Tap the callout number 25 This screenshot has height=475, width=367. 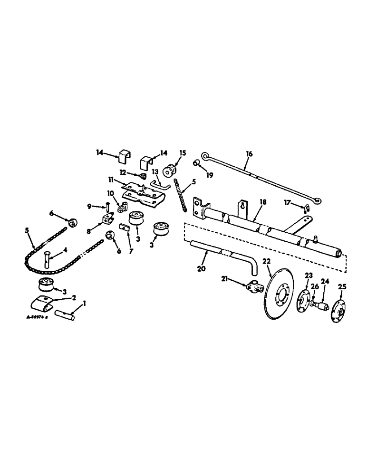click(x=342, y=286)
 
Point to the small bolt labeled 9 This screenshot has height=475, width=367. click(x=109, y=207)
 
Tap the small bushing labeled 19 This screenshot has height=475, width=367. click(x=195, y=163)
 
